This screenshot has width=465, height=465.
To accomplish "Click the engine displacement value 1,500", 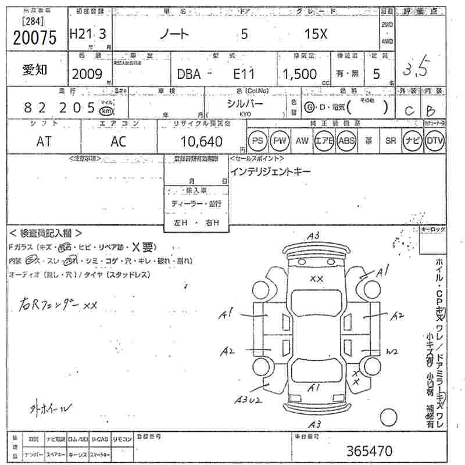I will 300,74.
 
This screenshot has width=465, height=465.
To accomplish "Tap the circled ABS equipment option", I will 346,141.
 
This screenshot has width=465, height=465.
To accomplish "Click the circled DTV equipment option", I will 434,141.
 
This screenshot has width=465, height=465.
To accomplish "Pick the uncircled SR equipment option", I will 390,141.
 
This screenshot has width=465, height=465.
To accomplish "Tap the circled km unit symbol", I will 106,110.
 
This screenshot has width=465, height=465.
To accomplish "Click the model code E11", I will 244,74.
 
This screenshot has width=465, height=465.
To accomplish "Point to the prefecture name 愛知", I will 34,70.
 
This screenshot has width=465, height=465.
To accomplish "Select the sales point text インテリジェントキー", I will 270,172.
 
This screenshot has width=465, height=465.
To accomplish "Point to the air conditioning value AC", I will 119,141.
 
